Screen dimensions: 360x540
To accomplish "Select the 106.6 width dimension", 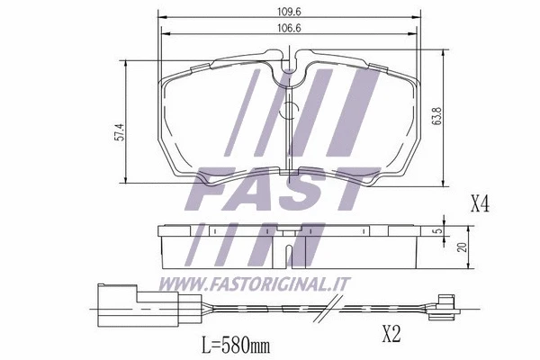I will coord(288,30).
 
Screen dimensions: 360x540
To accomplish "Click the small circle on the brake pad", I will coord(289,111).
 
